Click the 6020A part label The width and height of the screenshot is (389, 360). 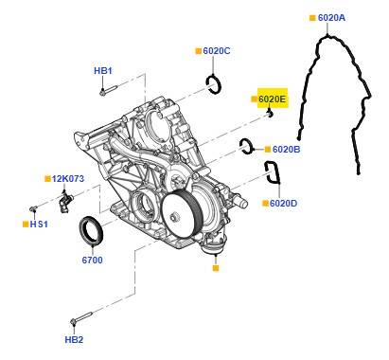point(331,18)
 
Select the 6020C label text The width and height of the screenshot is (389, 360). point(217,50)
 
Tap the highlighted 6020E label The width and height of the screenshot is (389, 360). point(272,99)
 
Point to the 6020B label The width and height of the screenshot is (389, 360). point(286,149)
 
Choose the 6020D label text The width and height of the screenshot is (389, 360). point(283,203)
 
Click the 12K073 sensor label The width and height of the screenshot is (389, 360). point(68,179)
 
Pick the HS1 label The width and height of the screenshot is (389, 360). point(39,225)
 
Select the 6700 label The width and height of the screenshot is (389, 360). point(92,260)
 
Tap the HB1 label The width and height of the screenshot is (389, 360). point(103,71)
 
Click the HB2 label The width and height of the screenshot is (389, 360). point(74,339)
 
